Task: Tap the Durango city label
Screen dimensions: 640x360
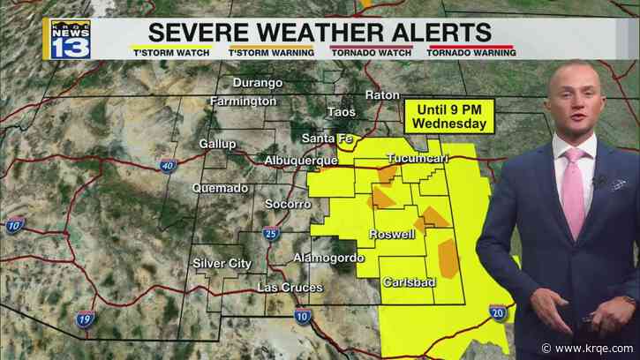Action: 258,83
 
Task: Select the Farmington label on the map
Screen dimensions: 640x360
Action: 243,102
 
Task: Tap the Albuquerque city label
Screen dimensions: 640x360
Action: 301,160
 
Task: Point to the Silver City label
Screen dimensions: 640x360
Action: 222,263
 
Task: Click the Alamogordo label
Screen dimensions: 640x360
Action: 328,258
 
